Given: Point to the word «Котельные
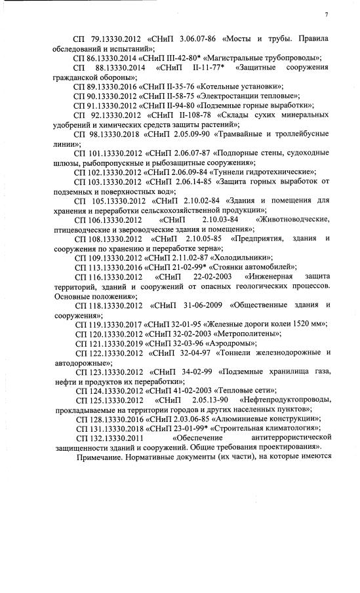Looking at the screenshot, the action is coord(212,86).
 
